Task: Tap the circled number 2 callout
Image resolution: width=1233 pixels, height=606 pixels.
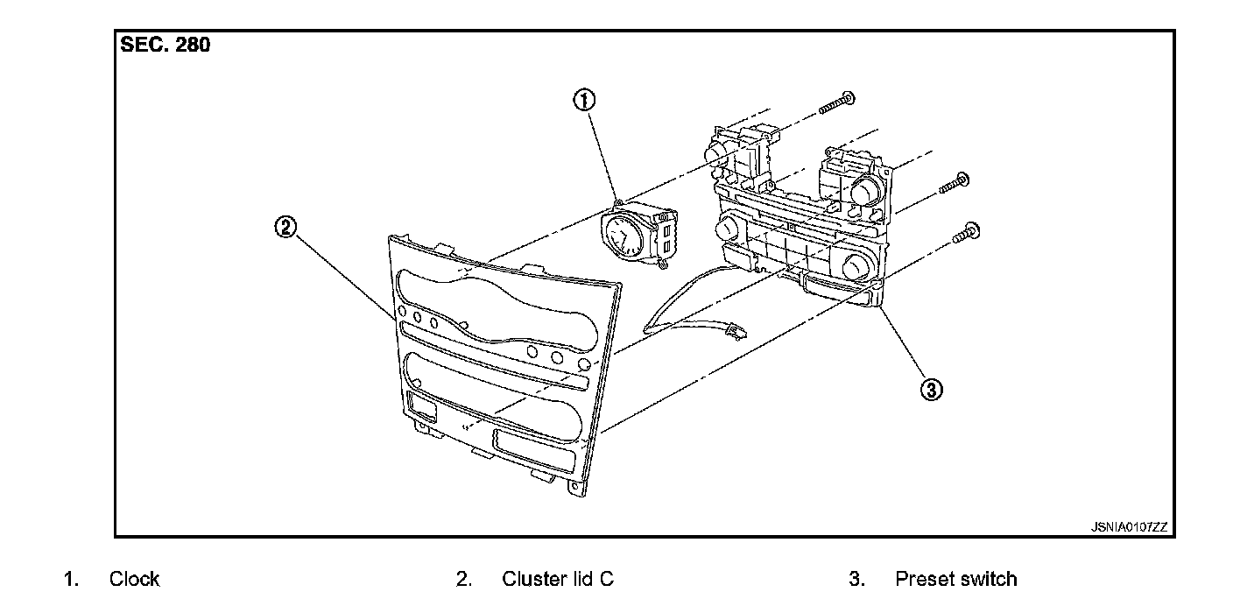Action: click(286, 228)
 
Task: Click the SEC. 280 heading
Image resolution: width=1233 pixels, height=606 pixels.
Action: click(166, 46)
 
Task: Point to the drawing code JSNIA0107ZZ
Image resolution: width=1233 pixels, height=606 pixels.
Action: click(1129, 527)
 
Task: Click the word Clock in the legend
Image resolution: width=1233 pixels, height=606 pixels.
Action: click(134, 579)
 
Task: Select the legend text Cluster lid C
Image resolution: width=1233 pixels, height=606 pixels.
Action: click(558, 579)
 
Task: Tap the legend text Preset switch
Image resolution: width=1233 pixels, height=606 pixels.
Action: click(955, 579)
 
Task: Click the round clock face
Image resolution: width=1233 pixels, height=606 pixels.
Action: click(620, 234)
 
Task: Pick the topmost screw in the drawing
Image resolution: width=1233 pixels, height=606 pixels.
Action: click(837, 103)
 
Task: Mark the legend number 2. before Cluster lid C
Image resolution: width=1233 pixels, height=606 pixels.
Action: click(464, 579)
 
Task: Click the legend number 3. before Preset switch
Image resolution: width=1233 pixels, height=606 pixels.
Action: click(856, 579)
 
